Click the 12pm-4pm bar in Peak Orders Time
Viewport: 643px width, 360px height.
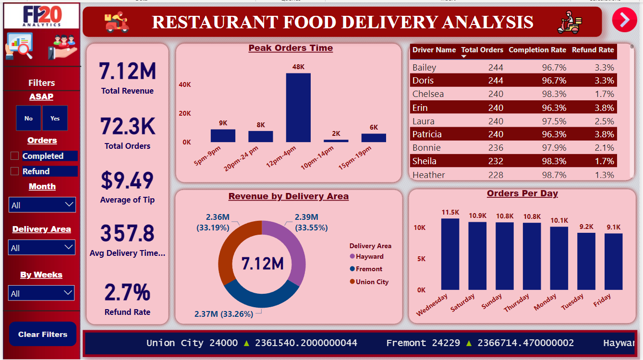(x=298, y=108)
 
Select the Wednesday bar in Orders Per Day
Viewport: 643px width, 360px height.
(x=450, y=254)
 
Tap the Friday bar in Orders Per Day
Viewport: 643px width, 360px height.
(x=613, y=262)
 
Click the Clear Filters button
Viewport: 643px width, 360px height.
(x=43, y=334)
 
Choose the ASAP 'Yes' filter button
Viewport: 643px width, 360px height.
(x=55, y=118)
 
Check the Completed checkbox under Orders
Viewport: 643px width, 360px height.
(x=15, y=156)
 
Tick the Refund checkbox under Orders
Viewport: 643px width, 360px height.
(x=15, y=171)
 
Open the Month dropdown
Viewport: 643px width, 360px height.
(x=42, y=205)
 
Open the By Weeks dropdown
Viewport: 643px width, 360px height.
(x=41, y=293)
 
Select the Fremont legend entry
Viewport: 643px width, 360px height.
(x=369, y=269)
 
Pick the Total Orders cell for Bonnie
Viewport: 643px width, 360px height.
(x=496, y=148)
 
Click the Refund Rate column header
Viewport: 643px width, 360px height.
(x=593, y=50)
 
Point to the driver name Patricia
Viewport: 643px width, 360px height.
(x=427, y=134)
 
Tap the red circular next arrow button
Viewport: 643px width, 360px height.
(x=624, y=20)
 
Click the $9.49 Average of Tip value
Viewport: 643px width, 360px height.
(x=127, y=180)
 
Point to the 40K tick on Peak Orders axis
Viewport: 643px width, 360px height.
(x=185, y=84)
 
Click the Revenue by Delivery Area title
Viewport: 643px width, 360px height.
(x=288, y=196)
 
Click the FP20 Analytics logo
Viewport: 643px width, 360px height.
(x=42, y=16)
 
